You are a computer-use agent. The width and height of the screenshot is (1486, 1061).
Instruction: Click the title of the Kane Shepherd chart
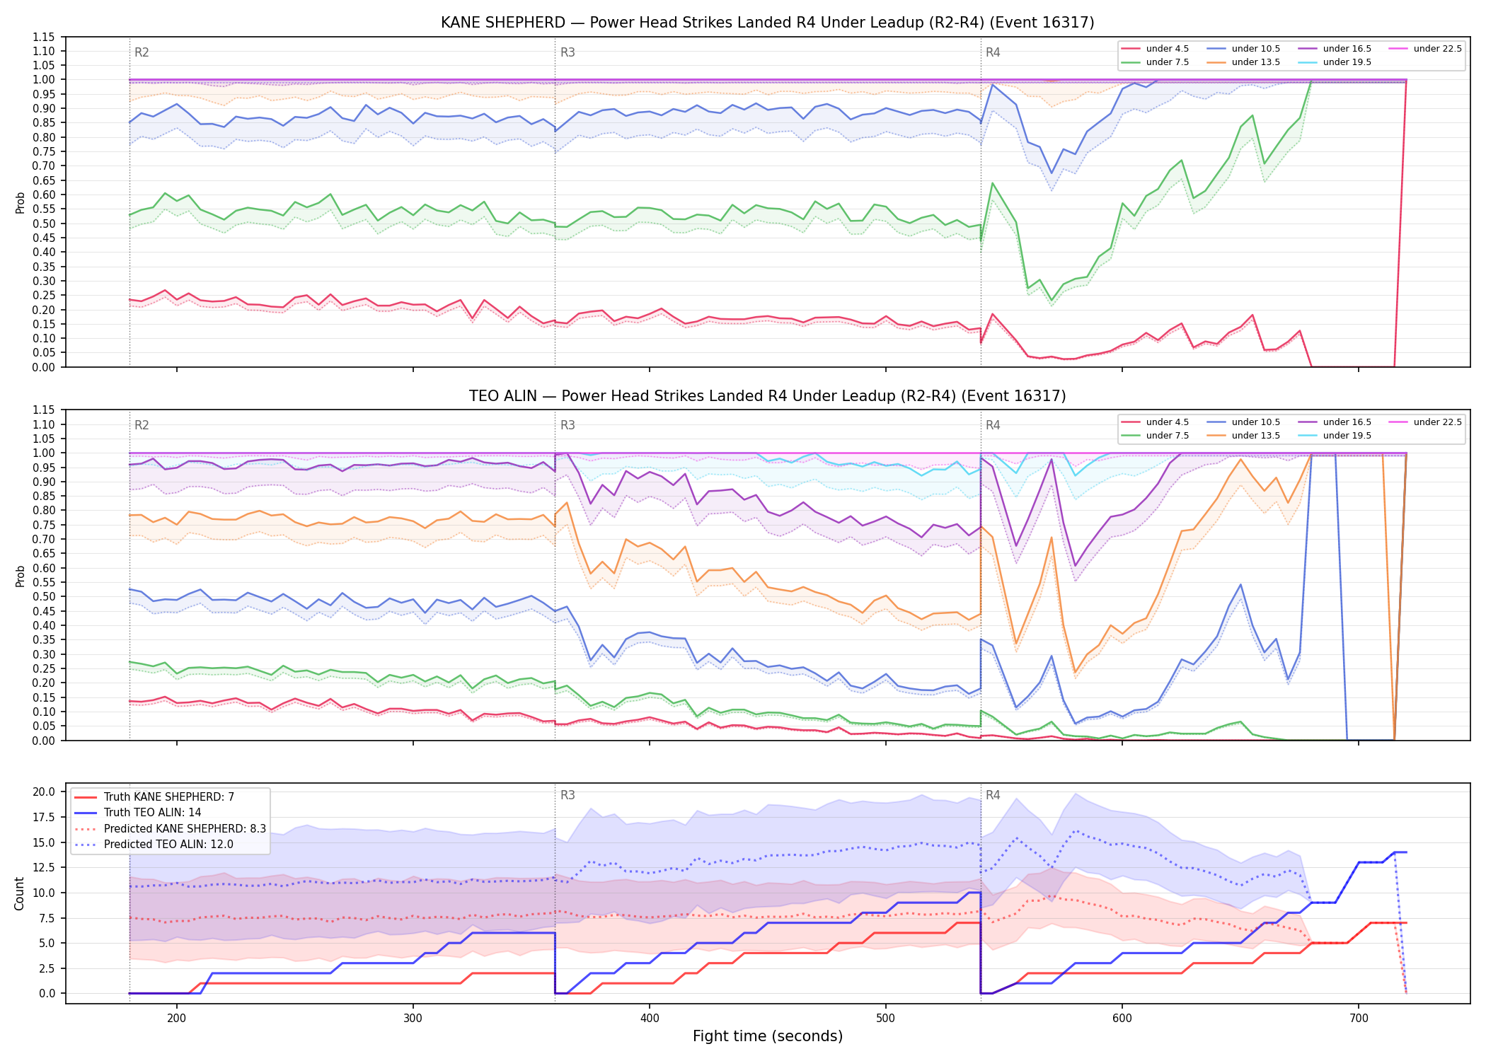[x=767, y=23]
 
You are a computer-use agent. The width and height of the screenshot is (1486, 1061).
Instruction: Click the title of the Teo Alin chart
[x=767, y=396]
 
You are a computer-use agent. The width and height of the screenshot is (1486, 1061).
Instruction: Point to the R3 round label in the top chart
[x=568, y=52]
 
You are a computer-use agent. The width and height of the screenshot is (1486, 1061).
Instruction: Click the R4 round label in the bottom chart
[x=993, y=795]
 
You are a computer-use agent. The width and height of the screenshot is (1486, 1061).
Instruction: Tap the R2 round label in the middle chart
[x=142, y=425]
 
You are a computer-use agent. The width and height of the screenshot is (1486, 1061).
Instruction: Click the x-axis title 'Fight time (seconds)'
[x=768, y=1036]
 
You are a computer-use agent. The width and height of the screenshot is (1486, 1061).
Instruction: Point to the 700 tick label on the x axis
[x=1359, y=1019]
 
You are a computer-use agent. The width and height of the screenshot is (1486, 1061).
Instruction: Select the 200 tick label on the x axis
[x=177, y=1019]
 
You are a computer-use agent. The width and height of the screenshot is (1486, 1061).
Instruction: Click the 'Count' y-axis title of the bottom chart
[x=20, y=893]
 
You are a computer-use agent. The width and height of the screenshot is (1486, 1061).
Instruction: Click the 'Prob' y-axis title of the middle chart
[x=20, y=576]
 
